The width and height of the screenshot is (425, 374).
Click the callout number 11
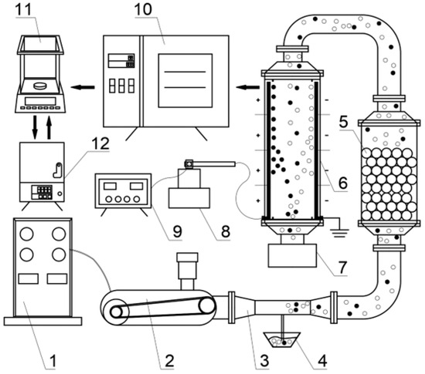click(25, 9)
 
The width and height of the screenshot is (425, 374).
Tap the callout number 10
click(144, 9)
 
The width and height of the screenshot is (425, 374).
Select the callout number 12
click(100, 143)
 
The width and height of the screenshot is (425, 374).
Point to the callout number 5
click(343, 122)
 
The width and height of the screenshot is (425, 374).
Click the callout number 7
click(342, 268)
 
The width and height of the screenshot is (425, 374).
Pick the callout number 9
click(178, 232)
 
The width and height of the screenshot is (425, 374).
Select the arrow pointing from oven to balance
click(83, 87)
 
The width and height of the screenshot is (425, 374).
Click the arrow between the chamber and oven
click(248, 87)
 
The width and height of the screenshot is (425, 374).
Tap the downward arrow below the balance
click(35, 127)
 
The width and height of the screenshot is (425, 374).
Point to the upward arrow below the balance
click(49, 127)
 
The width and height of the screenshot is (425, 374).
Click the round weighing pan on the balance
click(41, 86)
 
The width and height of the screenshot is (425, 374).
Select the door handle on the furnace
click(58, 170)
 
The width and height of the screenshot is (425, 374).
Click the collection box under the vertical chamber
click(292, 255)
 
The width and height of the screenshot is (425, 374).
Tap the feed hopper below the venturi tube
click(282, 340)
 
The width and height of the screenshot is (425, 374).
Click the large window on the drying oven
click(185, 80)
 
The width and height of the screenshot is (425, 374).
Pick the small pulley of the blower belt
click(207, 306)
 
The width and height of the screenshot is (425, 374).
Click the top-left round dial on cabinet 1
click(26, 234)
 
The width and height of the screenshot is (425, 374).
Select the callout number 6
click(342, 183)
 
